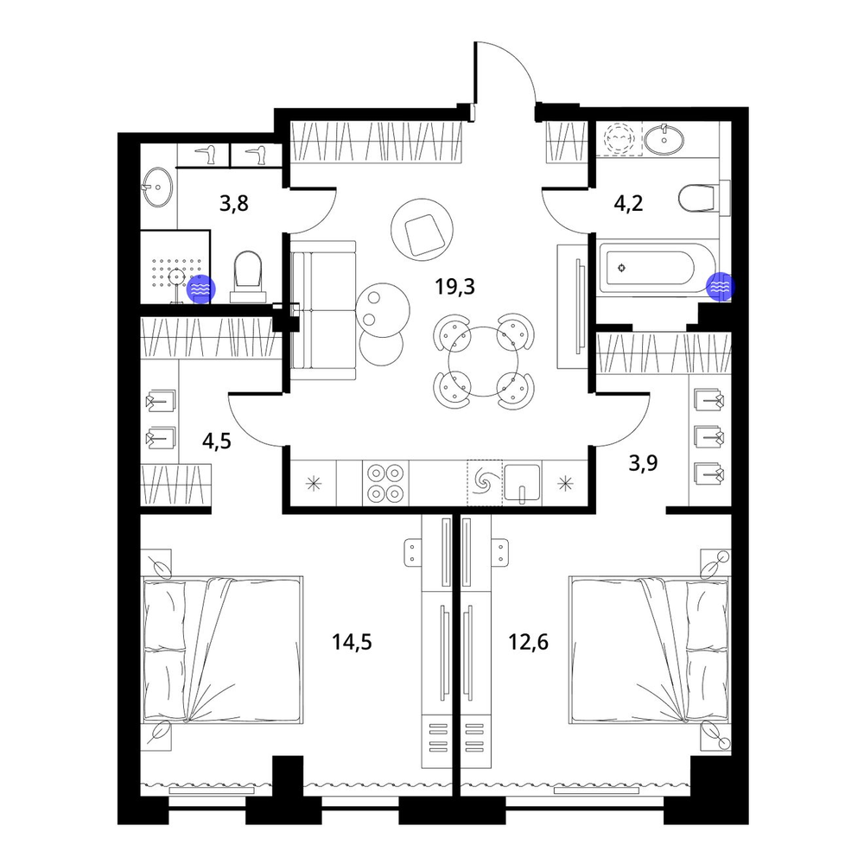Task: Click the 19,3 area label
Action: point(454,287)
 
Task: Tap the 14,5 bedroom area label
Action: point(352,642)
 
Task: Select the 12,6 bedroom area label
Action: point(528,642)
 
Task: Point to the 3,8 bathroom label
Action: point(234,204)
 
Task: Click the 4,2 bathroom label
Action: point(628,204)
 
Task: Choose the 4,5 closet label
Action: point(217,442)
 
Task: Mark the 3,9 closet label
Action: point(643,463)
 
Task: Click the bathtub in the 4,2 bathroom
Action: point(657,269)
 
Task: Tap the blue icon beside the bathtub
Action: point(721,287)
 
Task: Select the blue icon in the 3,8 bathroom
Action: point(201,289)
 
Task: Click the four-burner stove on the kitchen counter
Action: point(385,482)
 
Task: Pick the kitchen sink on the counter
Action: point(522,483)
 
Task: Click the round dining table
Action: point(483,361)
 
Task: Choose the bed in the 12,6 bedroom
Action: point(651,650)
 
